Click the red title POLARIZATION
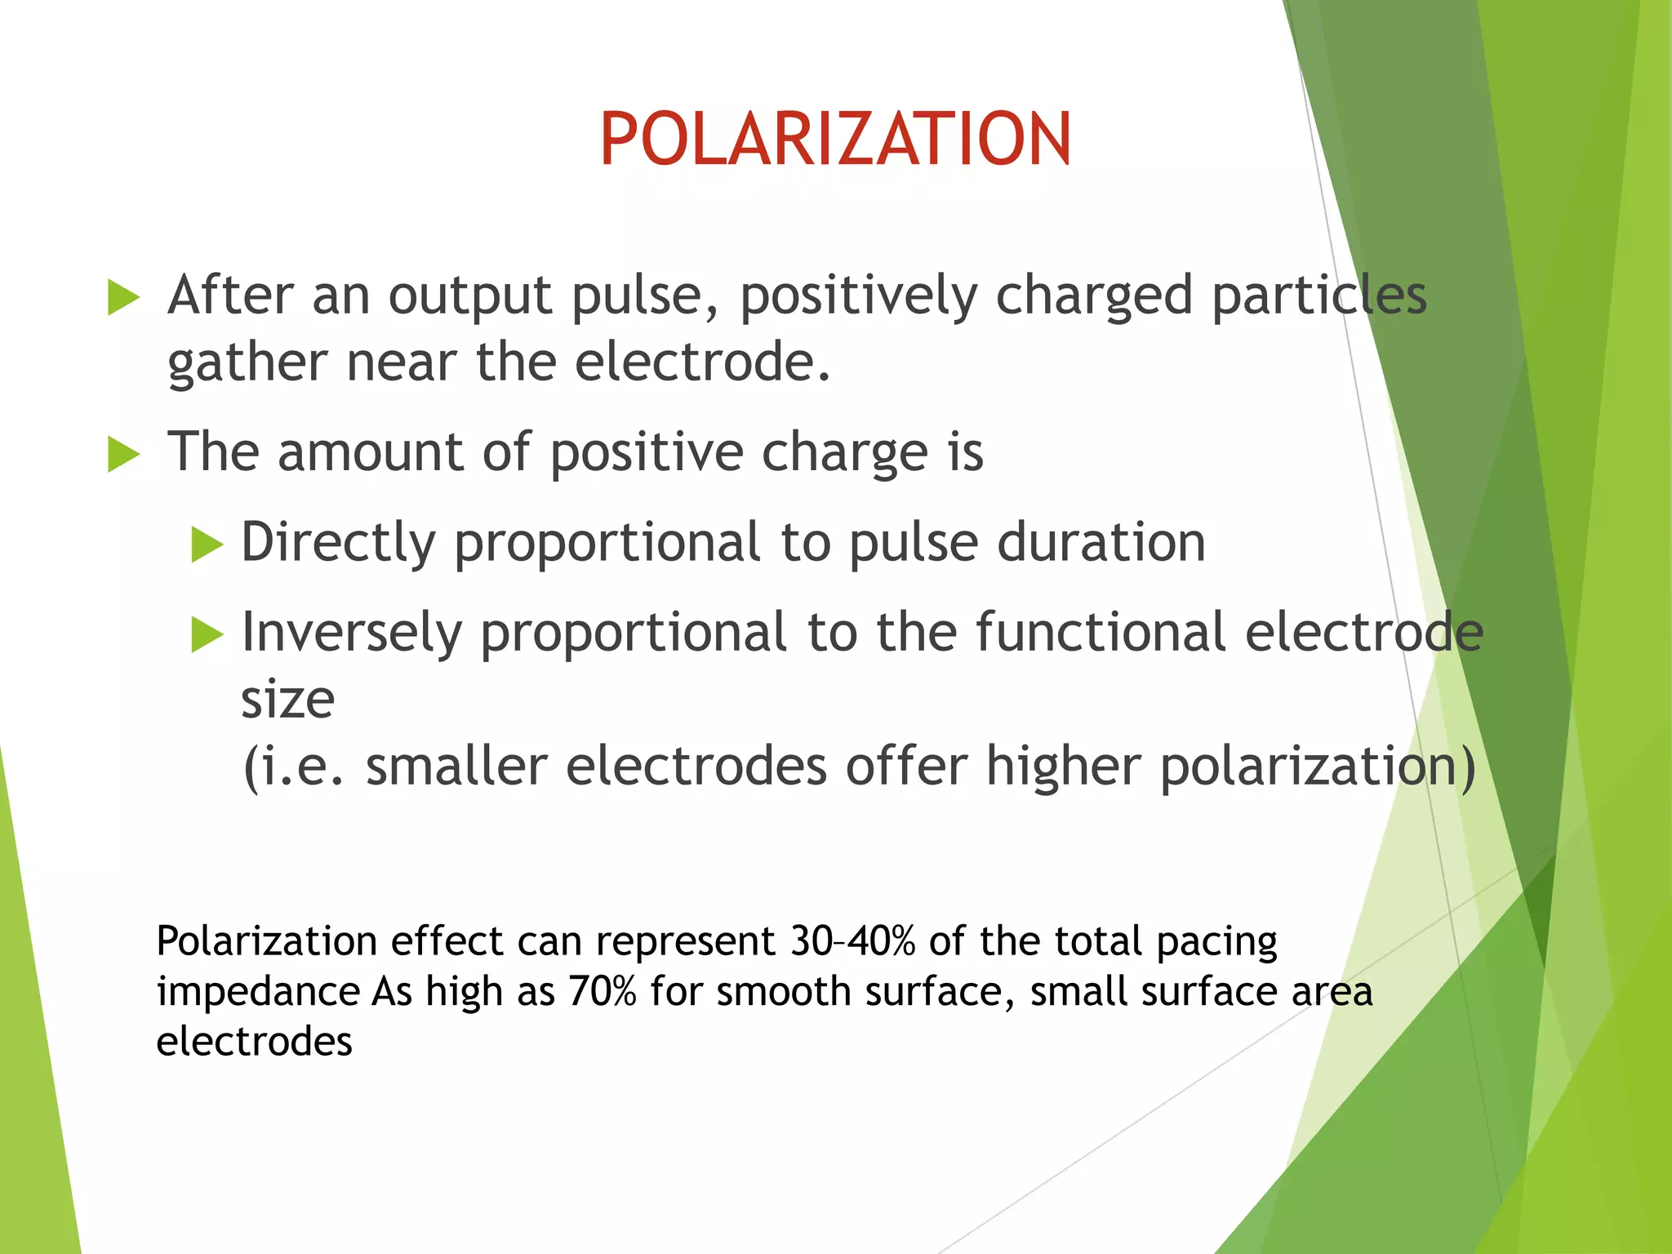tap(835, 140)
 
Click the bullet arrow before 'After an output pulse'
tap(124, 297)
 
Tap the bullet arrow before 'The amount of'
tap(124, 454)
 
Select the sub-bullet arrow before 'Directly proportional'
tap(207, 545)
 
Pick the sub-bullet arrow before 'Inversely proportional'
tap(207, 634)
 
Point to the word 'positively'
tap(858, 296)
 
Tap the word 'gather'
tap(247, 364)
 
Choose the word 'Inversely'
tap(352, 634)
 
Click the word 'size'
tap(287, 700)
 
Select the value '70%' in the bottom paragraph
tap(602, 992)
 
